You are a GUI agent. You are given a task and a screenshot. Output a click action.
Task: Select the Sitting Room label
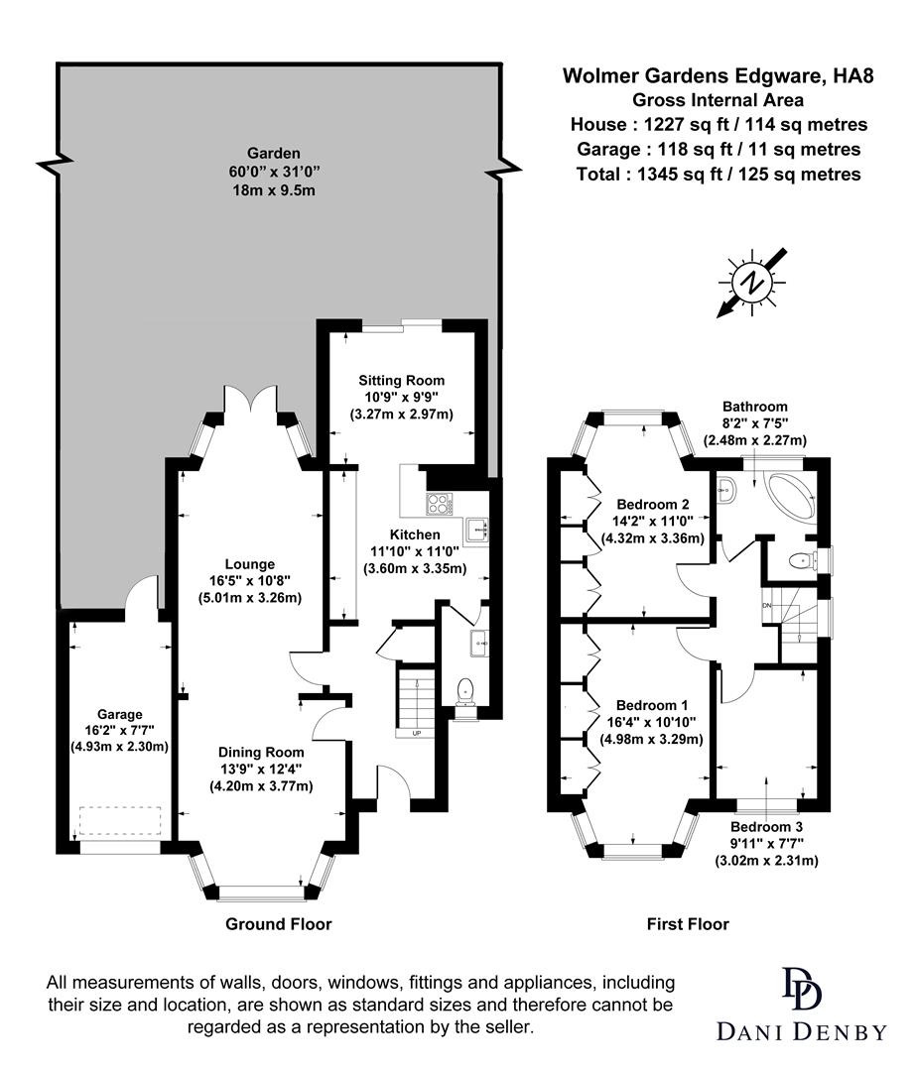point(401,380)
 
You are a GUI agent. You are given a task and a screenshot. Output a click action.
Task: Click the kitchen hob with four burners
point(438,505)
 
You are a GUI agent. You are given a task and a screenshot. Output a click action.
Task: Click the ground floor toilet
point(464,692)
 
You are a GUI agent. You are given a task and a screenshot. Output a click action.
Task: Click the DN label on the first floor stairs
point(765,605)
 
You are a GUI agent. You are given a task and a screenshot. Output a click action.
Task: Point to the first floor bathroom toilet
point(799,561)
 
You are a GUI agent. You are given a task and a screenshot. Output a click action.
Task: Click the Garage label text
point(120,714)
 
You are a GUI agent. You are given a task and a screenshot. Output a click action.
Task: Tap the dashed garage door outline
point(120,821)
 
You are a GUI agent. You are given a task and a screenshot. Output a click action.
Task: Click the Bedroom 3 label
point(766,826)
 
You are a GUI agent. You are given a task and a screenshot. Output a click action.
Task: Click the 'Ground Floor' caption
point(278,924)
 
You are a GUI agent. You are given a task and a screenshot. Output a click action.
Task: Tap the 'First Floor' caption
point(688,924)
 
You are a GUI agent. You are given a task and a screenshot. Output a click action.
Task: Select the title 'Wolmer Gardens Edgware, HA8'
point(719,75)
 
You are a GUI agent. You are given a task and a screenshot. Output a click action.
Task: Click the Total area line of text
point(719,174)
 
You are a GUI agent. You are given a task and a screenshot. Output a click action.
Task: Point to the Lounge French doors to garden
point(247,399)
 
